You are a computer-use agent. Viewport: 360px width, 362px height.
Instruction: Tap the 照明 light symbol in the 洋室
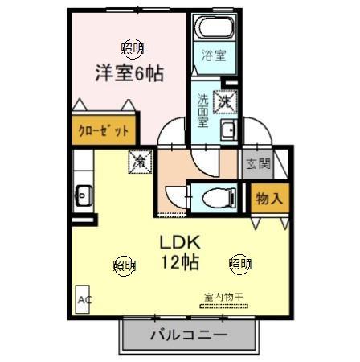pos(133,48)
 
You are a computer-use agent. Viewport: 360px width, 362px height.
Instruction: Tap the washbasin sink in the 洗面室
pos(227,132)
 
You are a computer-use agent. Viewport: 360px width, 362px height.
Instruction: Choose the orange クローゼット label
pos(104,130)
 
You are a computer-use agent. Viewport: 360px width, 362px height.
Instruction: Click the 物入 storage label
pos(268,198)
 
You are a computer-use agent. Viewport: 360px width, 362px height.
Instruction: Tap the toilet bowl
pos(215,195)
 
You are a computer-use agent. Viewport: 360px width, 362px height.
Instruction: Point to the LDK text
pos(183,242)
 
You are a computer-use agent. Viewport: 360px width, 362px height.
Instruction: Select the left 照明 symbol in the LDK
pos(123,263)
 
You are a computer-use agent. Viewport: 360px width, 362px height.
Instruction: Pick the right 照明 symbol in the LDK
pos(239,263)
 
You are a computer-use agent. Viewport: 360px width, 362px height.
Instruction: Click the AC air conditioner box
pos(83,301)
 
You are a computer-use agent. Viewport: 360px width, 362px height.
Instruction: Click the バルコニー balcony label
pos(187,335)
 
